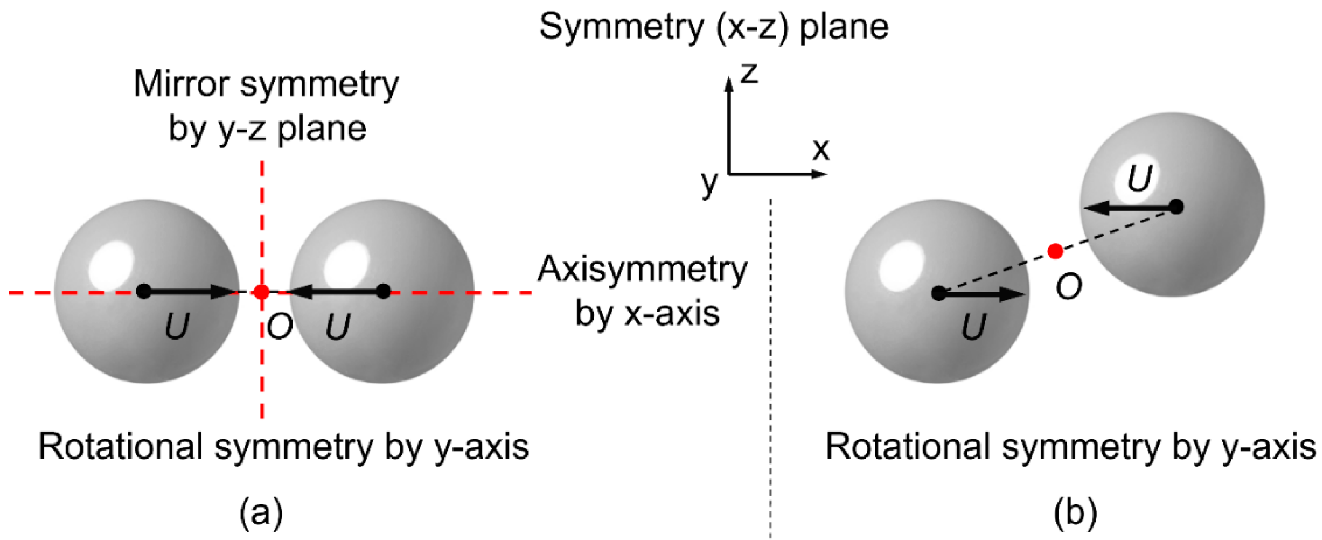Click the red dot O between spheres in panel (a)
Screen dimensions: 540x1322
point(262,292)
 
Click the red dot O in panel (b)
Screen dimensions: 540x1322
point(1055,251)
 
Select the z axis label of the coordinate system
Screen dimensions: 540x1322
point(749,74)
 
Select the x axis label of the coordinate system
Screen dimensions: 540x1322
point(821,149)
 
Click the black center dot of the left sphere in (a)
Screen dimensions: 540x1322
point(144,291)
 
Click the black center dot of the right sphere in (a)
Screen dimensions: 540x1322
point(383,291)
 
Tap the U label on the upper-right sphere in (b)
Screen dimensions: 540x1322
point(1139,178)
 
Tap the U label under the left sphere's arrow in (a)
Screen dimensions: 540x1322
point(177,326)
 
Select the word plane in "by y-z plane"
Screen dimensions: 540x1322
point(322,129)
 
